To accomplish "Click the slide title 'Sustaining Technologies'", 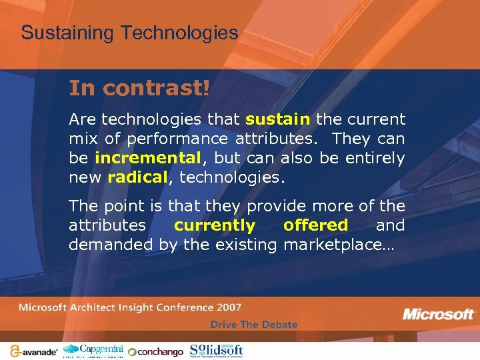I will [x=129, y=33].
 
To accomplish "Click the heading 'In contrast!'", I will [x=139, y=88].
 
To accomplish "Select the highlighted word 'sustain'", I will [x=278, y=120].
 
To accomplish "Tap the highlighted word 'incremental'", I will [x=148, y=159].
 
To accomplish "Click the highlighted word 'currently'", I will [x=214, y=225].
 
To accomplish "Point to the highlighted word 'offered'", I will [x=315, y=225].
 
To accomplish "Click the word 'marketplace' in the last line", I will [x=338, y=245].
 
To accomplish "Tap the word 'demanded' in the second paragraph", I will [x=111, y=245].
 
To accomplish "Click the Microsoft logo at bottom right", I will [x=438, y=314].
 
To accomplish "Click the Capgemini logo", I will [x=93, y=350].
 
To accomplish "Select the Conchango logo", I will [x=156, y=351].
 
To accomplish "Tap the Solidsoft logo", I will [x=217, y=350].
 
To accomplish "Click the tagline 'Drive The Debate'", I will [x=254, y=325].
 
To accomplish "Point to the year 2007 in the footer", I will [x=229, y=307].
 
